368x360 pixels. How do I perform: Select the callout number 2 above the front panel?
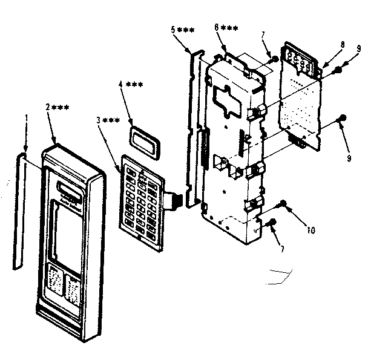(48, 106)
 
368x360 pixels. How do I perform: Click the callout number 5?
(174, 30)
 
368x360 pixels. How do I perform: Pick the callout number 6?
(217, 28)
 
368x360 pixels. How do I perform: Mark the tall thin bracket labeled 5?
(194, 127)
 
